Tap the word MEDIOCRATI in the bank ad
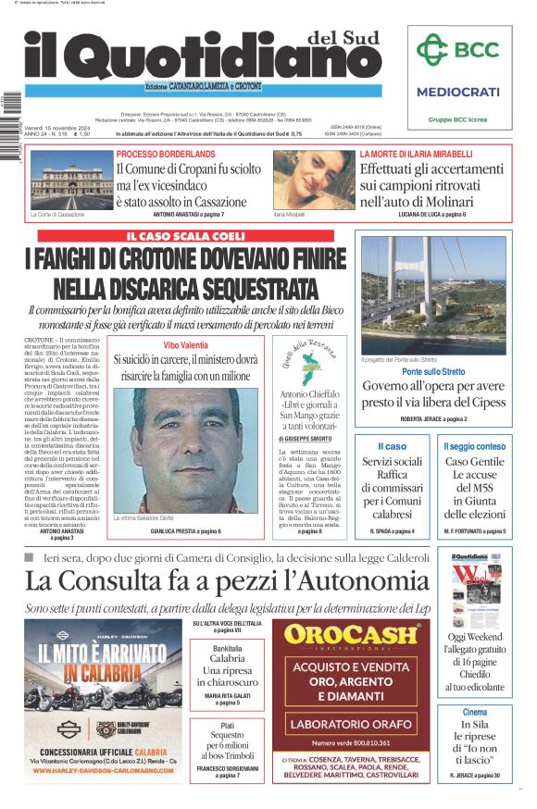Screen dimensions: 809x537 click(457, 92)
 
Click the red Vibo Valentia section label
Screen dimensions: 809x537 click(185, 344)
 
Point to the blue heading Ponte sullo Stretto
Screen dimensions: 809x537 click(433, 371)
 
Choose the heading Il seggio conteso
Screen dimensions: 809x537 click(474, 446)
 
